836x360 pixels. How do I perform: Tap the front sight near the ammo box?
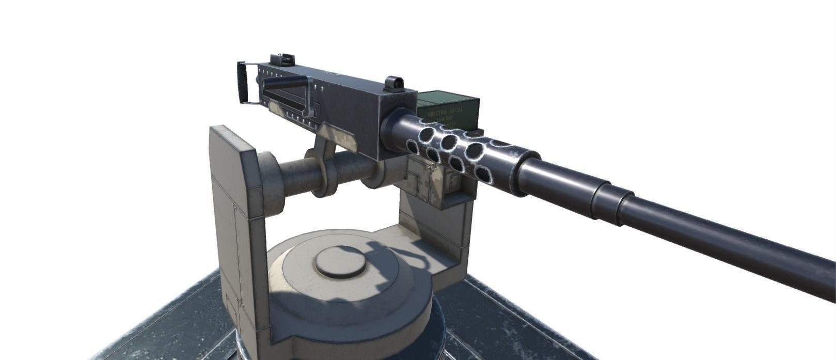[x=394, y=83]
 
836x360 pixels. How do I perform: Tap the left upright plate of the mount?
[x=235, y=217]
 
